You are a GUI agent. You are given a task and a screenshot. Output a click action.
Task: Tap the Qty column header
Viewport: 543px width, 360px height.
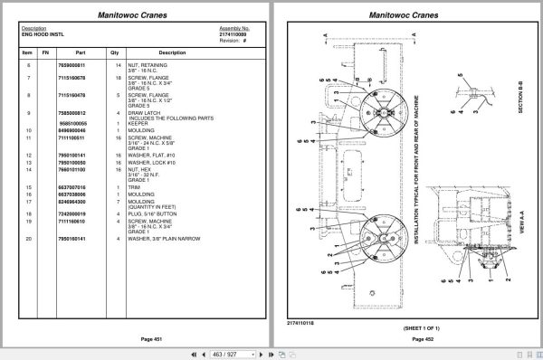click(118, 53)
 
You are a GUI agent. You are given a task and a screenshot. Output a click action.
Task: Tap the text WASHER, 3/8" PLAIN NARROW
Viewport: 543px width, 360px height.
click(169, 239)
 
